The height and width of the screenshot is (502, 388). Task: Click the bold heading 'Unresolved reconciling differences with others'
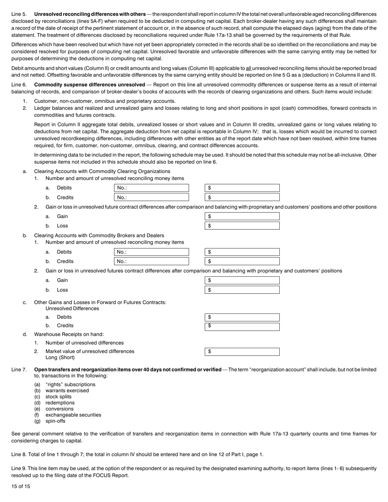[89, 14]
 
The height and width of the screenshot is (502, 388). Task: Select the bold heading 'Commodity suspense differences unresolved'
[89, 85]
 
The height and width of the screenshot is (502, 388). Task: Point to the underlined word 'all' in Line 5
[248, 69]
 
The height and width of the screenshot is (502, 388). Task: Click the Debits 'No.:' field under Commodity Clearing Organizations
[151, 188]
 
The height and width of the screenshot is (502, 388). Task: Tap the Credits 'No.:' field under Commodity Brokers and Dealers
[151, 261]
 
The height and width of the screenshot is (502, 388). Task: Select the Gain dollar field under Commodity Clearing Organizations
[242, 216]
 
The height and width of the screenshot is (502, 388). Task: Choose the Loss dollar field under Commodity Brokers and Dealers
[242, 290]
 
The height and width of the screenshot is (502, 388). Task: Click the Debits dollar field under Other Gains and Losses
[242, 317]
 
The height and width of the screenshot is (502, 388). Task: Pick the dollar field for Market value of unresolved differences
[242, 351]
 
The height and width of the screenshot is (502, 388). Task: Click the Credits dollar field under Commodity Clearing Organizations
[242, 197]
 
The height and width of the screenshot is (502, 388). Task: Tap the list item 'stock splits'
[58, 397]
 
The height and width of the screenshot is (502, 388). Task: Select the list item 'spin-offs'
[55, 421]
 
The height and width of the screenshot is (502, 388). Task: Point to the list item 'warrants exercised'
[67, 391]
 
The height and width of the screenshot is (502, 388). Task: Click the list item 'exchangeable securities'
[73, 415]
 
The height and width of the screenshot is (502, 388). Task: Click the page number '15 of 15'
[21, 486]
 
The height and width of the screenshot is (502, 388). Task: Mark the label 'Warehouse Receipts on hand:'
[69, 334]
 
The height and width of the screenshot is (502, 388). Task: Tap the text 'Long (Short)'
[60, 358]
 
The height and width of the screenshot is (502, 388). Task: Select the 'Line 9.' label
[19, 469]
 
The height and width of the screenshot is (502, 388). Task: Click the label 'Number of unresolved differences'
[85, 343]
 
